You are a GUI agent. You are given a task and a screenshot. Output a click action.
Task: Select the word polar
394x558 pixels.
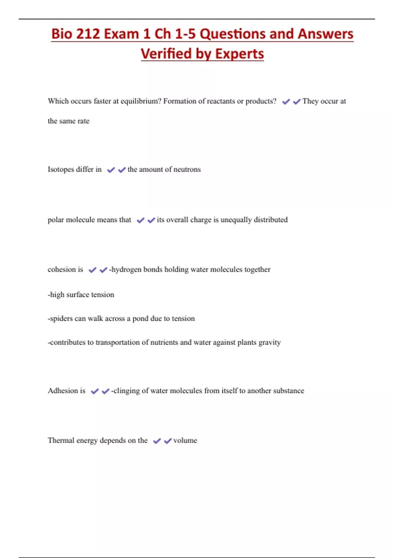[x=55, y=220]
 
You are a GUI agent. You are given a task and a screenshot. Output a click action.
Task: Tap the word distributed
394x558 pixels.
[x=271, y=220]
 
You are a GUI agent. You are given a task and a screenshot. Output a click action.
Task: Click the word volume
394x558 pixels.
[x=185, y=440]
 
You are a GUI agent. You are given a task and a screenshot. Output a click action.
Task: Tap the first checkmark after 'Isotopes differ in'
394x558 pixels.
[x=111, y=170]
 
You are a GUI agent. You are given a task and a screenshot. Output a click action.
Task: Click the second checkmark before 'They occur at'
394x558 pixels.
[x=297, y=102]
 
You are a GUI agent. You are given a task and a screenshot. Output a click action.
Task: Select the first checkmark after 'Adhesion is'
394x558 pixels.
[x=95, y=391]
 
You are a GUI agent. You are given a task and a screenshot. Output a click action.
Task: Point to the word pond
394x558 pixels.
[x=140, y=319]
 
